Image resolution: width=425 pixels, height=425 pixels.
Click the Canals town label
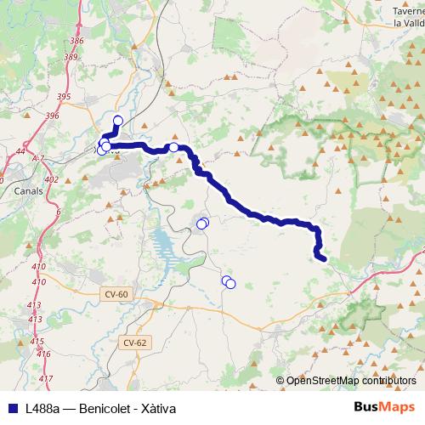(30, 190)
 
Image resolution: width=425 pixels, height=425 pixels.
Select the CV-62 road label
(134, 343)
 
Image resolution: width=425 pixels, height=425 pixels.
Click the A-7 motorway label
(38, 159)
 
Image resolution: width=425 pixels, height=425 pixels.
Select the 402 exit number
(51, 179)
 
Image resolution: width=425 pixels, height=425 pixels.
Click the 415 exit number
(37, 341)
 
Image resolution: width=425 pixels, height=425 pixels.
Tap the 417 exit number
(46, 378)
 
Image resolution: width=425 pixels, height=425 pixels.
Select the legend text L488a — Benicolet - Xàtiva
(100, 406)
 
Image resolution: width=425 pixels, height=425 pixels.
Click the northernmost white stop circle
(118, 120)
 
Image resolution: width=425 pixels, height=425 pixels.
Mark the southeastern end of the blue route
(322, 257)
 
